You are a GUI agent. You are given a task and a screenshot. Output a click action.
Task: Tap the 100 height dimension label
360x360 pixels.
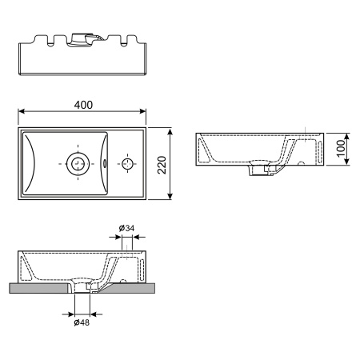point(340,149)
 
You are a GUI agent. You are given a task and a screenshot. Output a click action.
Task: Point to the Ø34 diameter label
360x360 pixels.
point(126,229)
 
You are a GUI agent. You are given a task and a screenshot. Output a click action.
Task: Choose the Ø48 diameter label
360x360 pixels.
point(81,322)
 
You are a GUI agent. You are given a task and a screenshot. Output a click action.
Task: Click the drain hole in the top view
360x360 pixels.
point(78,163)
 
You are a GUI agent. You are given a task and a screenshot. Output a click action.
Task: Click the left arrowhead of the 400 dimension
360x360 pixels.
point(22,113)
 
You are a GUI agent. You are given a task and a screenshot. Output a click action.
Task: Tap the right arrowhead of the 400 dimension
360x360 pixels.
point(145,113)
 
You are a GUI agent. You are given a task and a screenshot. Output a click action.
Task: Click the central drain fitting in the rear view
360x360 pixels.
point(82,38)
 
